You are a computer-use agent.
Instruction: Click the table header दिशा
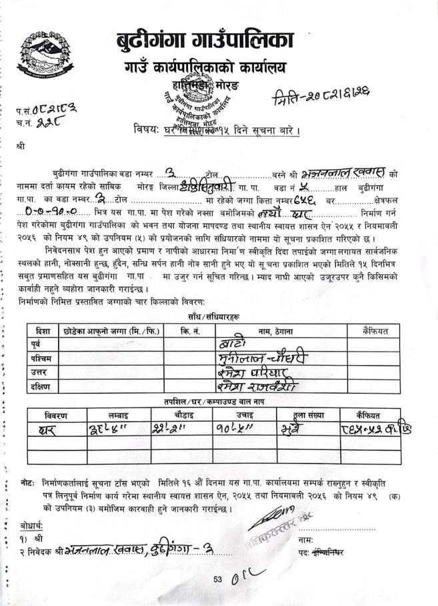pos(41,331)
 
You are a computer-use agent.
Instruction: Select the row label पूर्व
pos(39,344)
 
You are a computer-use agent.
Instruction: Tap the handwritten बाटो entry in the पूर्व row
pos(233,344)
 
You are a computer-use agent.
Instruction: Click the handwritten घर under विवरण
pos(51,430)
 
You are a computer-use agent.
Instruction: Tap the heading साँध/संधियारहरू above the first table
pos(213,317)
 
